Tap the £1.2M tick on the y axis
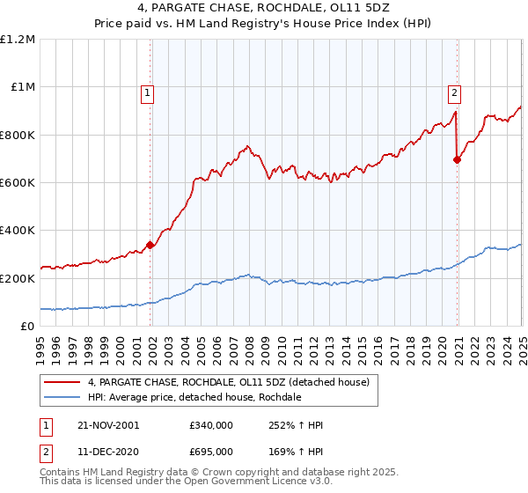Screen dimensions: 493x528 pyautogui.click(x=18, y=40)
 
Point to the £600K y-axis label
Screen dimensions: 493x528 pyautogui.click(x=17, y=183)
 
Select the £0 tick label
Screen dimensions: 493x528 pyautogui.click(x=26, y=327)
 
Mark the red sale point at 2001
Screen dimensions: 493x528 pyautogui.click(x=150, y=245)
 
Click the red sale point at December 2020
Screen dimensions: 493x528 pyautogui.click(x=457, y=159)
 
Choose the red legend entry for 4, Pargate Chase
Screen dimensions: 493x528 pyautogui.click(x=233, y=382)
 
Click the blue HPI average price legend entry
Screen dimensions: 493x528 pyautogui.click(x=194, y=397)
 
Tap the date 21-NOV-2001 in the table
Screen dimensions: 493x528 pyautogui.click(x=107, y=425)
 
